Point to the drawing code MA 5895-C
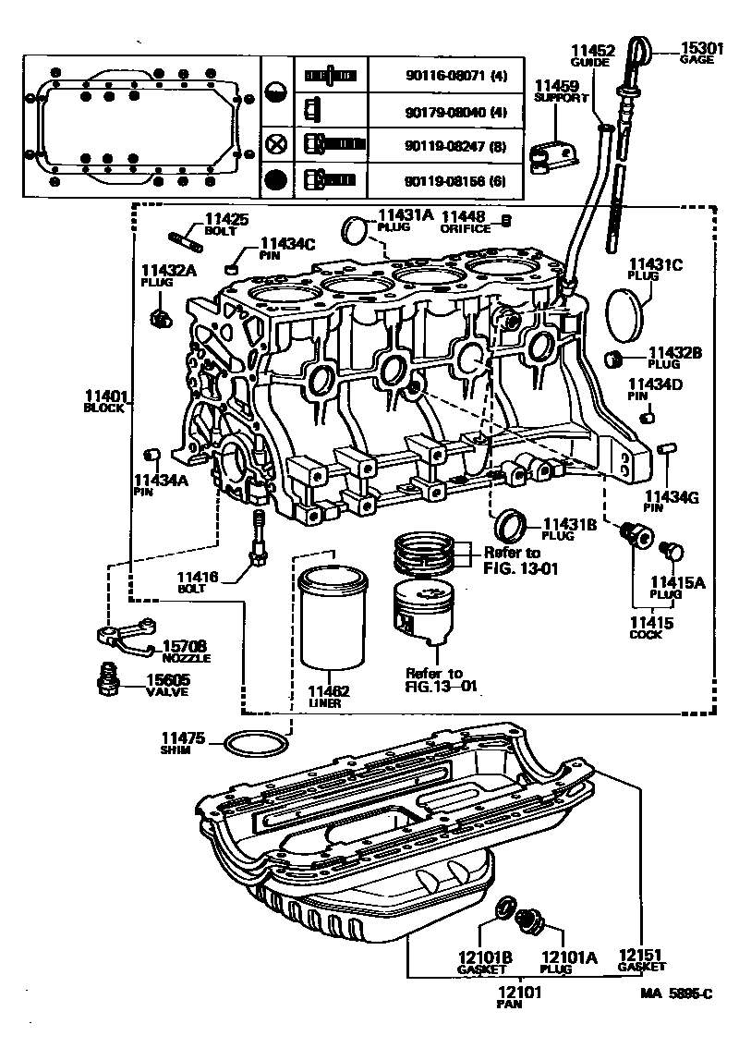pyautogui.click(x=677, y=995)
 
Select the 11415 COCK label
pyautogui.click(x=651, y=628)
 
